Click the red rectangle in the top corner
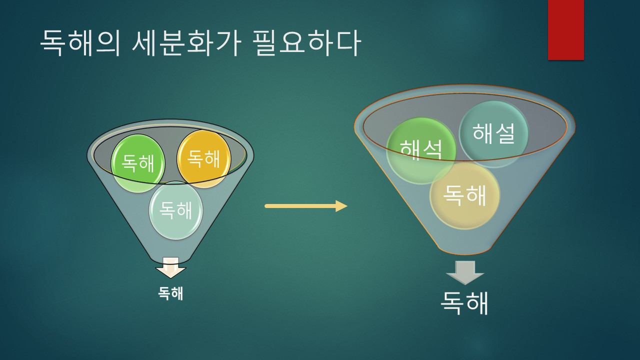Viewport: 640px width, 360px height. coord(565,30)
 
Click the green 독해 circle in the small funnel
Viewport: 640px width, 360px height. coord(138,163)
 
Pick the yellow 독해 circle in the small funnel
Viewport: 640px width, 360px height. coord(203,158)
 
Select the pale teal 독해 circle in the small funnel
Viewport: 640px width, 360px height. coord(176,210)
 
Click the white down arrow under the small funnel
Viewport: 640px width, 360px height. coord(170,269)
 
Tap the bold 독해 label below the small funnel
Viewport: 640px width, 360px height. coord(170,293)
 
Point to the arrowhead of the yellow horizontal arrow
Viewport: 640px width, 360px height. coord(341,206)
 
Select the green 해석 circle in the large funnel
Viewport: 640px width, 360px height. coord(421,150)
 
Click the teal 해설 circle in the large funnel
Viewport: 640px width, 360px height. coord(493,133)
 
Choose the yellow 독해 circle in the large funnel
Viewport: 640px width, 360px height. coord(464,196)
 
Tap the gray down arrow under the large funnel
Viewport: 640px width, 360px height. coord(465,272)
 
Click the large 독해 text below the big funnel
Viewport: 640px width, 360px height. coord(464,302)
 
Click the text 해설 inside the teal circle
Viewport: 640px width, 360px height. coord(493,133)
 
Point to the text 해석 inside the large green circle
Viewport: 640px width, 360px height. coord(421,149)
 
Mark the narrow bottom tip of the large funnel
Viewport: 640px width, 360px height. coord(465,251)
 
